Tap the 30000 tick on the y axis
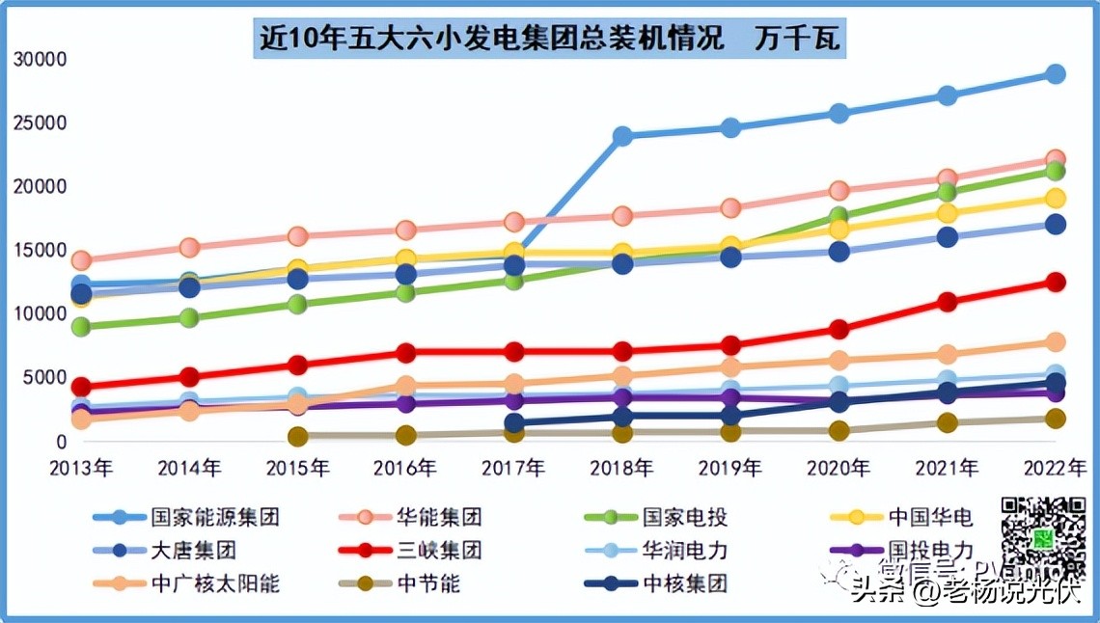(41, 60)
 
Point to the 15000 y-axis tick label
(41, 251)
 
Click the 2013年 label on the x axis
(82, 469)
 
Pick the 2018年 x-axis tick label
(622, 469)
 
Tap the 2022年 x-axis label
(1055, 469)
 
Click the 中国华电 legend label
(928, 517)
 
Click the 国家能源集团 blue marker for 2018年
(623, 136)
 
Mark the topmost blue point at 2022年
(1056, 74)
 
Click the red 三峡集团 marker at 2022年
(1056, 283)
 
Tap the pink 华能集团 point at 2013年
(82, 260)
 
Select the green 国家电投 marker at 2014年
(190, 318)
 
